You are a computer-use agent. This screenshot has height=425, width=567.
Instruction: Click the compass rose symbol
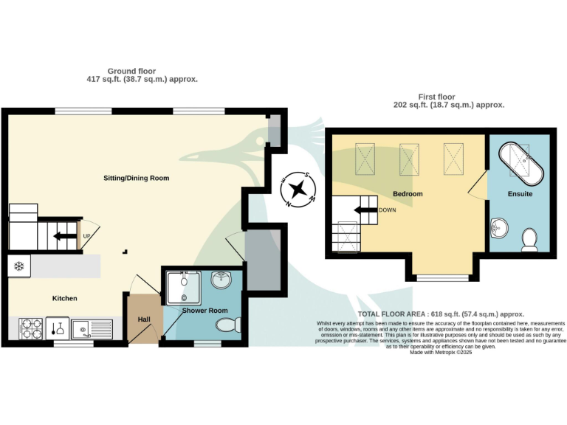[x=298, y=189]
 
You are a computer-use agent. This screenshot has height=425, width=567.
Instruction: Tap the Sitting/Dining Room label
[x=136, y=178]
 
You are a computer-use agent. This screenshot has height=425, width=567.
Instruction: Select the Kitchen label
[x=64, y=298]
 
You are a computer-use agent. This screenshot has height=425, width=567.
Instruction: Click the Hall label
[x=144, y=319]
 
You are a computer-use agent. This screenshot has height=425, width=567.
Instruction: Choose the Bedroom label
[x=408, y=194]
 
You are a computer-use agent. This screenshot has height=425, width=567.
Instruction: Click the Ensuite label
[x=520, y=194]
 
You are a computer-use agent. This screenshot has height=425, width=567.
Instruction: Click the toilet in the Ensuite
[x=529, y=239]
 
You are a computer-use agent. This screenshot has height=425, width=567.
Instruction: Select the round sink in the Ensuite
[x=498, y=227]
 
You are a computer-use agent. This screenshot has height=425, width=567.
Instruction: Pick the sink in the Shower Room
[x=221, y=280]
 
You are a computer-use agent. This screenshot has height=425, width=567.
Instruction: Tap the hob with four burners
[x=30, y=328]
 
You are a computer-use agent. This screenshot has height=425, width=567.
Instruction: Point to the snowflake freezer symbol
[x=19, y=266]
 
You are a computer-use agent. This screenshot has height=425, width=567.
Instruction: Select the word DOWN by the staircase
[x=388, y=210]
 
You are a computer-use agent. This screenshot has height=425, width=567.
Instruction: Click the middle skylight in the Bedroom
[x=409, y=157]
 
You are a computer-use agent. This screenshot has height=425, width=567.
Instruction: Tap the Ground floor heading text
[x=142, y=75]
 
